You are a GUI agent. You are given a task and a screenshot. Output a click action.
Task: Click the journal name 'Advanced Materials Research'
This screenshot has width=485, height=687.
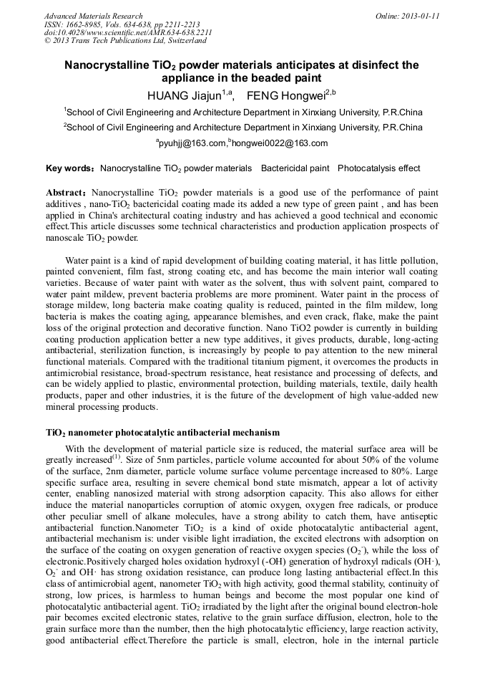[93, 16]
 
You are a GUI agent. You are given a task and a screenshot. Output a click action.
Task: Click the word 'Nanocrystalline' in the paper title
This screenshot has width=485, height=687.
[106, 65]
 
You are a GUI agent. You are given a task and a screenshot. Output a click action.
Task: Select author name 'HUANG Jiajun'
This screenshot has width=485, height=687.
[183, 95]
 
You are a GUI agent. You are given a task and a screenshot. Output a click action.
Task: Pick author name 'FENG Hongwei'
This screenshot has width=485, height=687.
[280, 95]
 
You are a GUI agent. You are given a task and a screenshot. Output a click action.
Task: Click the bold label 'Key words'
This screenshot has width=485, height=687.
[68, 168]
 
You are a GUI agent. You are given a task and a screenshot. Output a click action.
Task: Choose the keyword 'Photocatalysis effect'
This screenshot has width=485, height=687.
[378, 168]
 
